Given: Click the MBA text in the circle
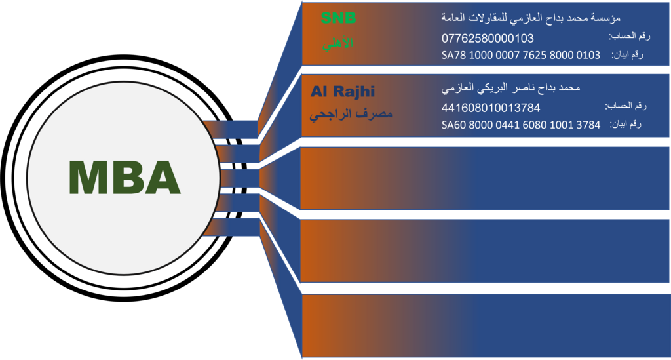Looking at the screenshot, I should point(125,177).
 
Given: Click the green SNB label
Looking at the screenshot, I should point(338,19).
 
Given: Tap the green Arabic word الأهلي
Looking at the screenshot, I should point(338,43).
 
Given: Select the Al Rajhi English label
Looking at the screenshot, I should point(343,91).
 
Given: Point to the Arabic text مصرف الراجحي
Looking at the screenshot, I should point(351,115).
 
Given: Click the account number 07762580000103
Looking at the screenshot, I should point(488,38).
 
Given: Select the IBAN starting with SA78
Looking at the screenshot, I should point(521,55).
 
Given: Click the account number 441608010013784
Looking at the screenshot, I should point(491,108).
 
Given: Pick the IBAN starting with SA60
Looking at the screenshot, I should point(521,125).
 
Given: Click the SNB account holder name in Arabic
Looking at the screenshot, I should point(531,16).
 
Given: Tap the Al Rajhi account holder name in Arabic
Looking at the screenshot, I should point(511,87).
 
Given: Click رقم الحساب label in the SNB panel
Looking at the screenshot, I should point(628,36).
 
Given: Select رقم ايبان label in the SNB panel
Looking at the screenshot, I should point(628,54).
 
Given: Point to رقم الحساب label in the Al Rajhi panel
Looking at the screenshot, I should point(625,106).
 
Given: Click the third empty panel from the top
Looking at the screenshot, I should point(485,178).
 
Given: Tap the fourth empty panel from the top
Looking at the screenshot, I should point(485,251).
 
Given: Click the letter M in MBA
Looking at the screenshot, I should point(88,177).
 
